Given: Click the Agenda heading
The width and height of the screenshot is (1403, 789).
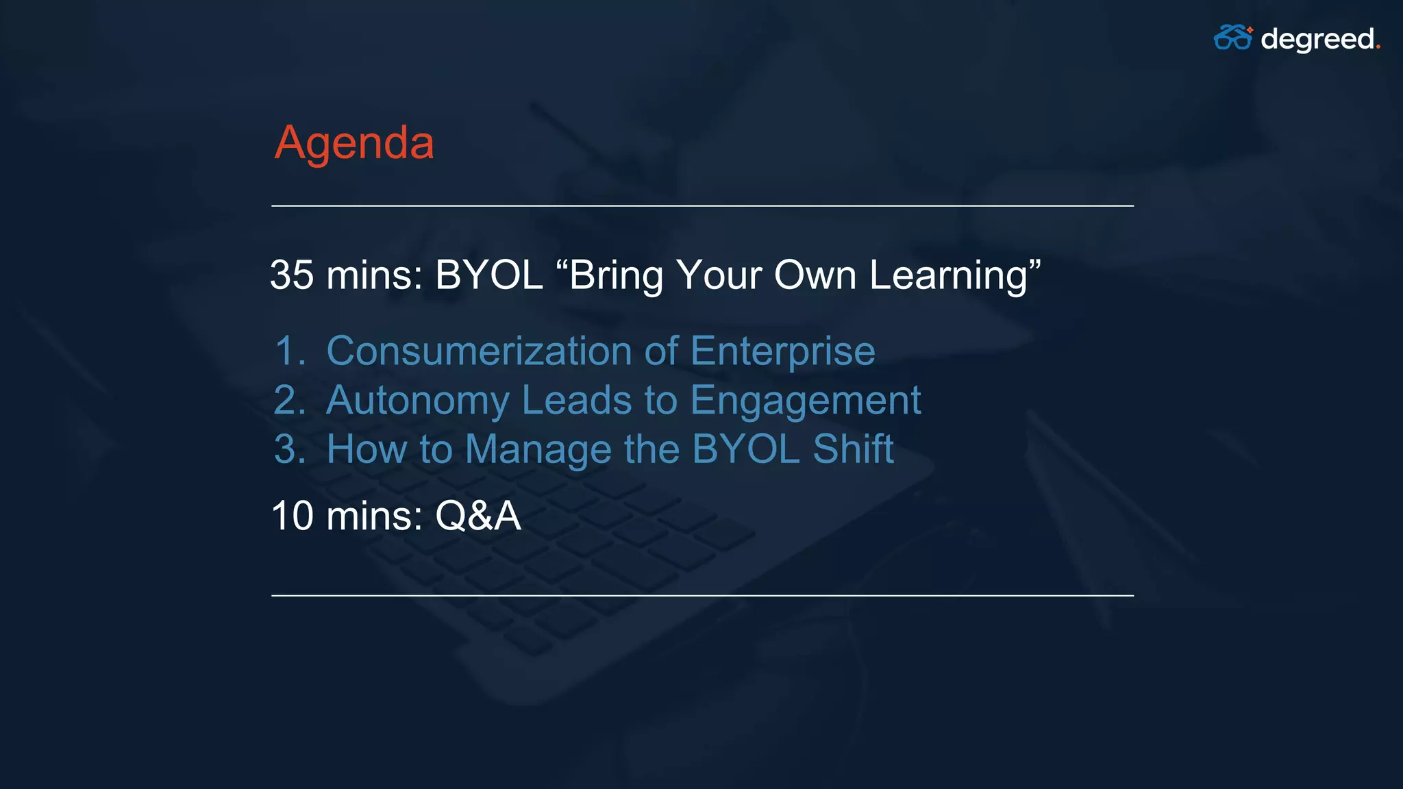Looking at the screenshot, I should click(x=354, y=143).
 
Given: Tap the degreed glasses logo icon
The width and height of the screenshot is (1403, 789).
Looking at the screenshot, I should click(x=1232, y=38).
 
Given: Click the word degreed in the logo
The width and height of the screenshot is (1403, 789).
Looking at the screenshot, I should click(x=1317, y=39).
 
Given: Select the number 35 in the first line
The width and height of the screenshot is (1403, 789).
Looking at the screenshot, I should click(x=292, y=275).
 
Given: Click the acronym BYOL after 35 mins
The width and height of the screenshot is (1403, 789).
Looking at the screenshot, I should click(x=488, y=275).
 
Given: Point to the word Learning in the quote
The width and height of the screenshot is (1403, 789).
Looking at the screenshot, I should click(x=949, y=276).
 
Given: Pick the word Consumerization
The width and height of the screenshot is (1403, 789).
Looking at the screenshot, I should click(x=479, y=351).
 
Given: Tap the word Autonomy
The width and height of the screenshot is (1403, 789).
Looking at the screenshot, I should click(x=418, y=401).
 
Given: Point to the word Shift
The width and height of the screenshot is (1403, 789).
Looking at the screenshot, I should click(x=853, y=449).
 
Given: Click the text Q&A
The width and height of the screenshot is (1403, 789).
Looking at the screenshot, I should click(x=477, y=516).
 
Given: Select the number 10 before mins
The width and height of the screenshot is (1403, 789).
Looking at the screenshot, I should click(x=293, y=516).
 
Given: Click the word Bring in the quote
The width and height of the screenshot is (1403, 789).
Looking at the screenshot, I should click(x=616, y=276).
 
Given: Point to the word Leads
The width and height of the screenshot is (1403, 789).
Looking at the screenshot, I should click(x=576, y=400).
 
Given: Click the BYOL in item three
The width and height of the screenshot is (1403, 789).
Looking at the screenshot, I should click(x=745, y=449).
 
